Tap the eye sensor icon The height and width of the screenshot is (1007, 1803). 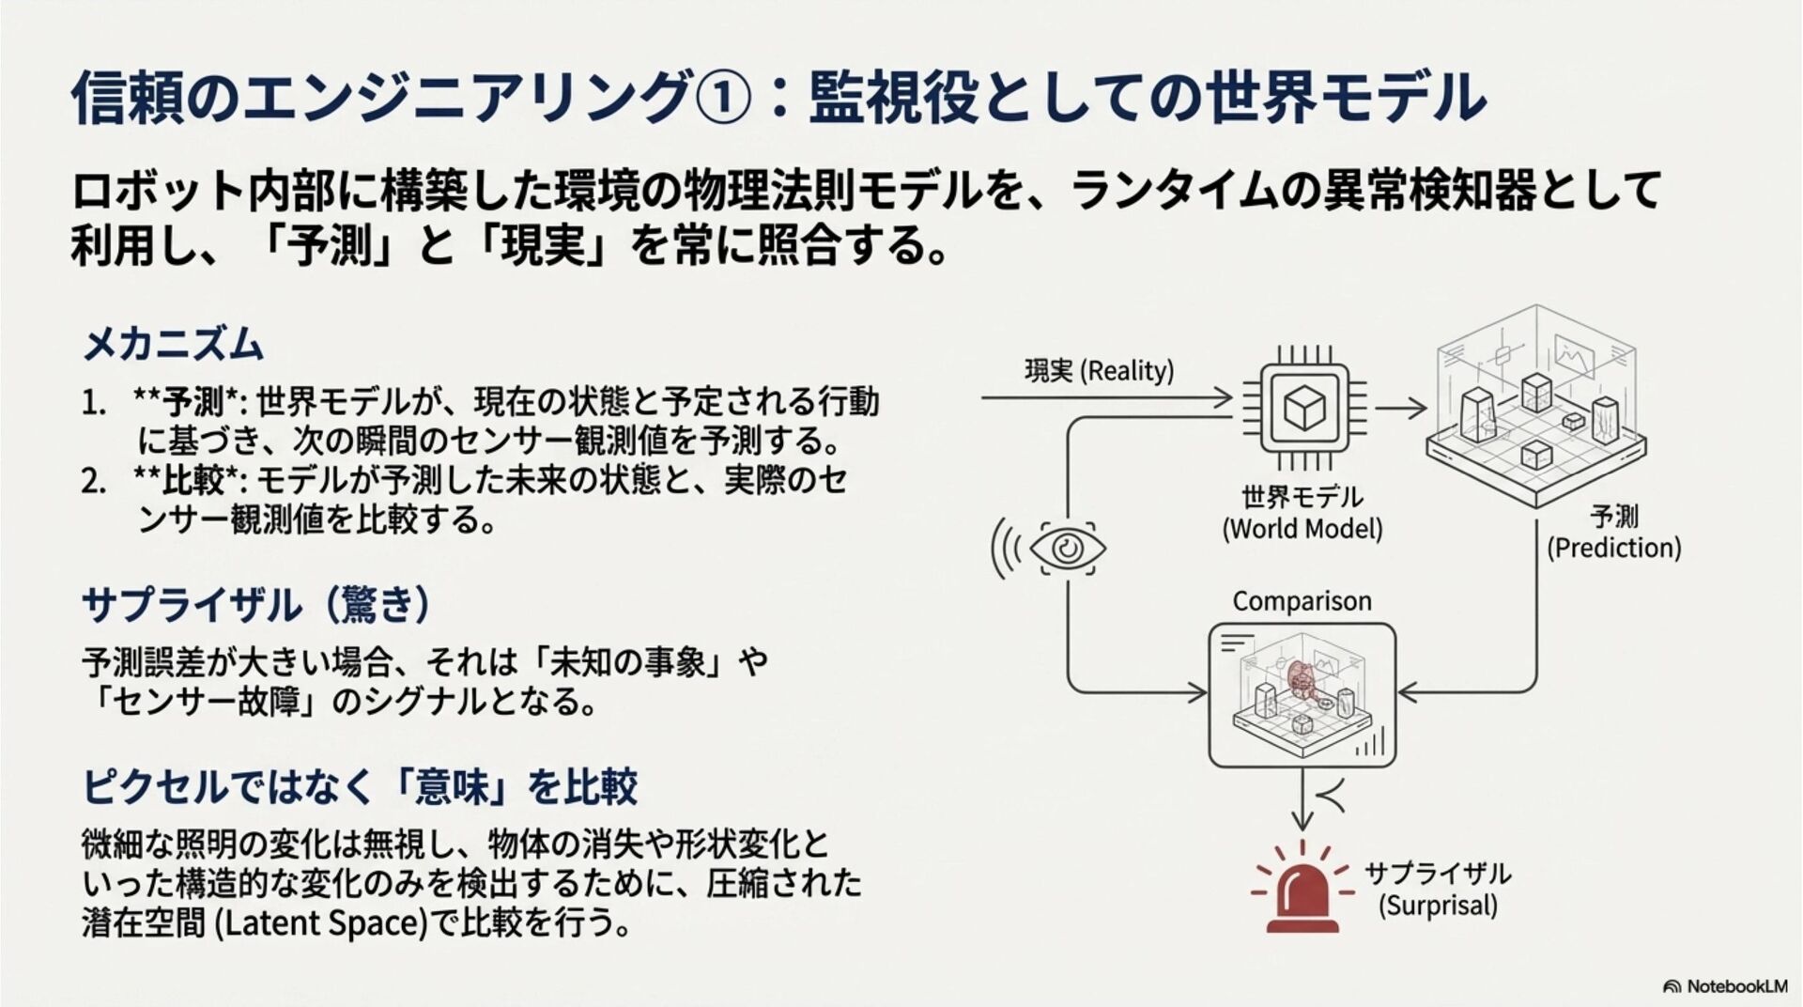click(x=1068, y=548)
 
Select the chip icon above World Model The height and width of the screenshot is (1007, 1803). click(x=1303, y=407)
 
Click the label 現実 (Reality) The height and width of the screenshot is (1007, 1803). click(x=1099, y=371)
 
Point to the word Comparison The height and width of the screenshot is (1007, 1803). click(x=1302, y=601)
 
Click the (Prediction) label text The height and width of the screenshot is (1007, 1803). click(x=1613, y=548)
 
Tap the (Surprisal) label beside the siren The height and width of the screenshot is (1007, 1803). click(x=1438, y=906)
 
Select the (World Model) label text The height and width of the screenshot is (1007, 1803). click(x=1302, y=529)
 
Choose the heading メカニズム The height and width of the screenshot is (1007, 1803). click(x=173, y=345)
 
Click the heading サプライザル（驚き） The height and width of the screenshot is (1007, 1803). click(x=256, y=605)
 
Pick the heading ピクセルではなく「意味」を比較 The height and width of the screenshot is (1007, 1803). click(x=360, y=786)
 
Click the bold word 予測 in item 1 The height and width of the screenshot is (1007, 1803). click(x=193, y=402)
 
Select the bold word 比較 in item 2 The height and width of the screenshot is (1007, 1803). click(x=193, y=480)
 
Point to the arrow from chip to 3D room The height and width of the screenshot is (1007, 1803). click(x=1400, y=408)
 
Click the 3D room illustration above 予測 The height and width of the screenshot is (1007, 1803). click(x=1536, y=406)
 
